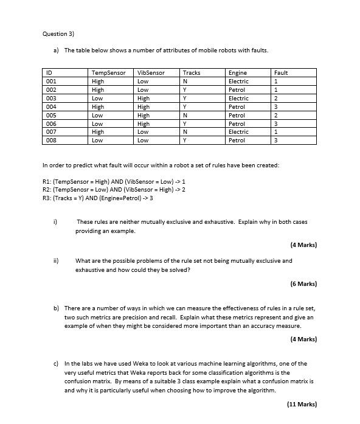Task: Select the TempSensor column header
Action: [108, 73]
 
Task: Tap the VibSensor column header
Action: [151, 73]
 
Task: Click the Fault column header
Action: [281, 73]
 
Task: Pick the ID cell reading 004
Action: [51, 106]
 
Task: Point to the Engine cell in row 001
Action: [238, 82]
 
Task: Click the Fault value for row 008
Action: [276, 141]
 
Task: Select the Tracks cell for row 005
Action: [184, 115]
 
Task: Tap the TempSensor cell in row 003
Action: [97, 98]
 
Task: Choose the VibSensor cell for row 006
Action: [144, 123]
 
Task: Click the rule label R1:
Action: [47, 181]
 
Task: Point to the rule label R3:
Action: [47, 198]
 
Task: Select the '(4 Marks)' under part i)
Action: [303, 245]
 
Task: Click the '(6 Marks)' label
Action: [303, 283]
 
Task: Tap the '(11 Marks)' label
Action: [302, 404]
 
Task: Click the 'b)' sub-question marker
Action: [57, 308]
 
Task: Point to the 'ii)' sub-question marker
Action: [56, 261]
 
